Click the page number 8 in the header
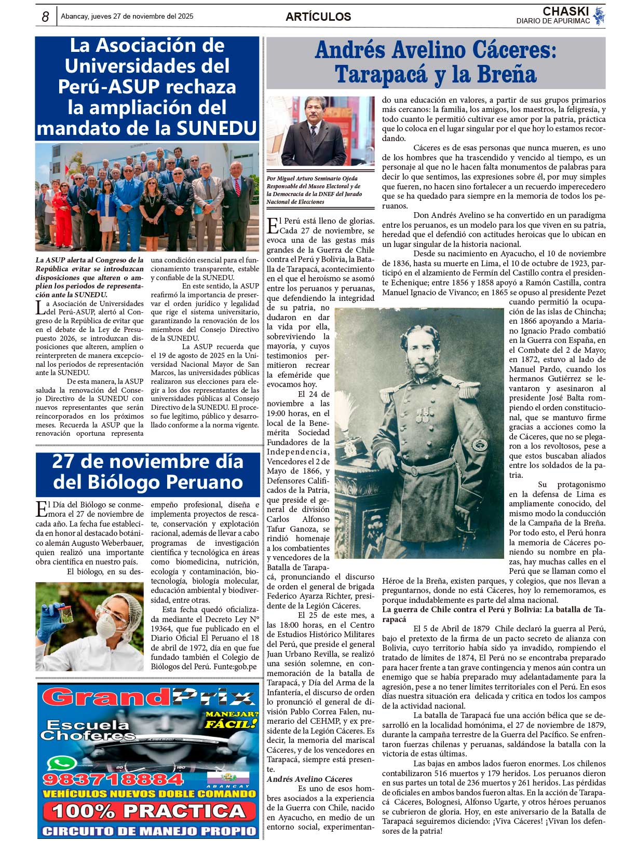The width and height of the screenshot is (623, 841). coord(45,17)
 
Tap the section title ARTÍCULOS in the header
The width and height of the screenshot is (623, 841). coord(318,17)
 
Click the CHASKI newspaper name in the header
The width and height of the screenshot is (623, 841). coord(565,11)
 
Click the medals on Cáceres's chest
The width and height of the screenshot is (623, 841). coord(423,415)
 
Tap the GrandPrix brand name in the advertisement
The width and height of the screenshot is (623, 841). coord(148,697)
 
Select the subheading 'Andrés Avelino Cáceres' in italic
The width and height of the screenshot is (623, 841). coord(309,779)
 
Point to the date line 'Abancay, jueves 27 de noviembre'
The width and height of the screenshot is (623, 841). coord(127,17)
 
